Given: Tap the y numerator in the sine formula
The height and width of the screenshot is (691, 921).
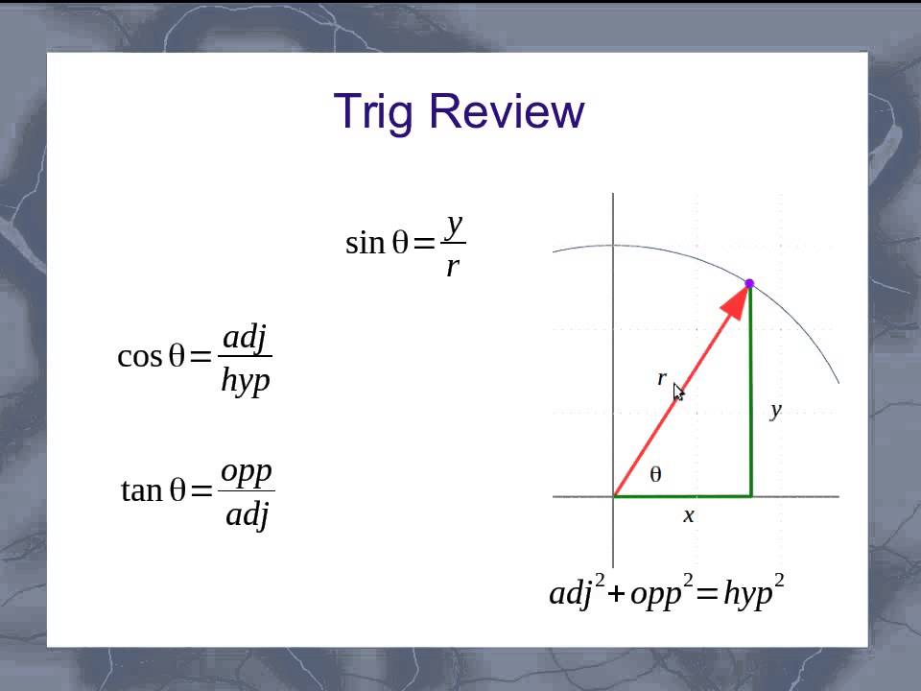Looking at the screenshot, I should tap(455, 225).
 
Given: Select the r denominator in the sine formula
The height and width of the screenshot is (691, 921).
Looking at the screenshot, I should tap(453, 266).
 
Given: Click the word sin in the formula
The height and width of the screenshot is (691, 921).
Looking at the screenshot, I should tap(364, 244).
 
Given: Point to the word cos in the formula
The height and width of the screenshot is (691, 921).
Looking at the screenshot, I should tap(139, 357).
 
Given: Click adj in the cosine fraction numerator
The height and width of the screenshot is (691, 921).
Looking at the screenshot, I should tap(245, 337).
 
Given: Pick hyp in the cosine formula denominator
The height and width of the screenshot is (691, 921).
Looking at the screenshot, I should tap(246, 379).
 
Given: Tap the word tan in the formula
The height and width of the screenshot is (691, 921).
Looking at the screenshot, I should tap(141, 491).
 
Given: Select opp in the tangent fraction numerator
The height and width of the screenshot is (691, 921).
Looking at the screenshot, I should tap(247, 471).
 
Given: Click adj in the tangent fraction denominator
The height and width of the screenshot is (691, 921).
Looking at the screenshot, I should tap(248, 514).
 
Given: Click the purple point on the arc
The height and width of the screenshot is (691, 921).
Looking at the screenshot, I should tap(749, 283).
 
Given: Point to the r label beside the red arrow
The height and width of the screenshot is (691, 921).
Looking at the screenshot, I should tap(661, 378).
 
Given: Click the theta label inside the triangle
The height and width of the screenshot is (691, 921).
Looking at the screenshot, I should tap(655, 474).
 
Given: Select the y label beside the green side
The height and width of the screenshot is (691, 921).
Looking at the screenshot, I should tap(775, 410).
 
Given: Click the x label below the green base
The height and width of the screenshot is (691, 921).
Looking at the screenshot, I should tap(688, 515).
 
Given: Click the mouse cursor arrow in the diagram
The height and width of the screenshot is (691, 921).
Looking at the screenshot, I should tap(678, 392).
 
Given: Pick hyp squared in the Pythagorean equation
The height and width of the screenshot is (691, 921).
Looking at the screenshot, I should tap(753, 592).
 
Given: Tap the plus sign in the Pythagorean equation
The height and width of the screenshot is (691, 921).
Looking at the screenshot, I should tap(615, 594).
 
